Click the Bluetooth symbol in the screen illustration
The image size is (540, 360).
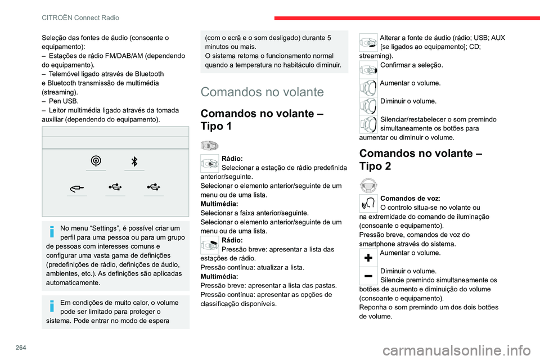point(134,161)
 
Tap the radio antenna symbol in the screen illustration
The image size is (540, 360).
point(96,161)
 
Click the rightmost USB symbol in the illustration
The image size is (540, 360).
point(154,187)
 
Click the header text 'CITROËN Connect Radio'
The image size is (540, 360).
point(80,18)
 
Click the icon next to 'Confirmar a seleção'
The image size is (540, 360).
point(368,70)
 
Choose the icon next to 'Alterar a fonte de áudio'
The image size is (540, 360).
point(368,43)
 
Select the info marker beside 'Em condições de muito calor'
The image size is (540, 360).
point(51,307)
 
